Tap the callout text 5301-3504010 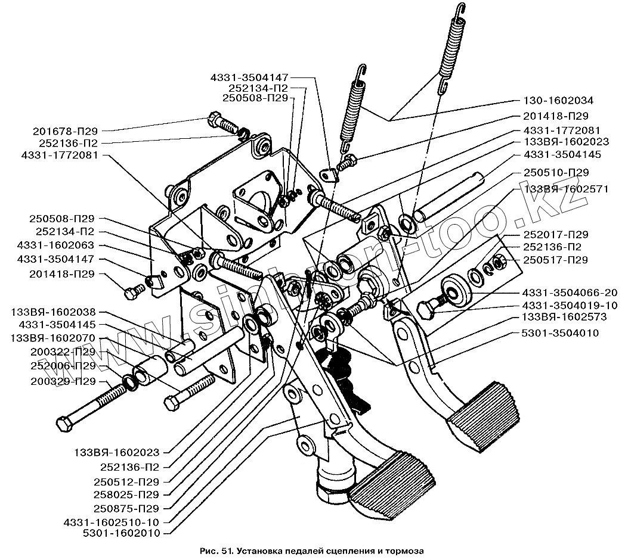pos(559,333)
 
